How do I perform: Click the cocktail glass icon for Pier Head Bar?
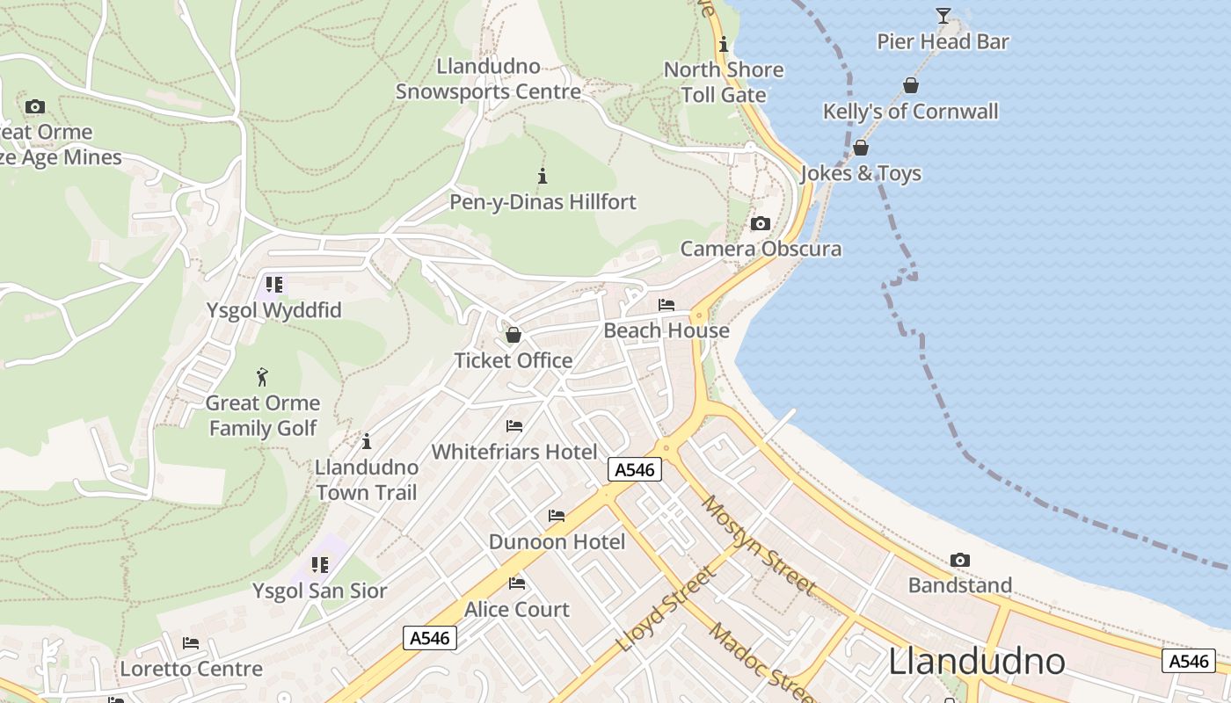tap(943, 15)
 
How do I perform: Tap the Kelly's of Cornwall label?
tap(910, 112)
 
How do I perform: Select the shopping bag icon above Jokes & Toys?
tap(861, 148)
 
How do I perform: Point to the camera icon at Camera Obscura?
tap(761, 223)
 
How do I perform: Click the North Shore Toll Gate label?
tap(724, 82)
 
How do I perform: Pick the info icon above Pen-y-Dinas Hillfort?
tap(543, 176)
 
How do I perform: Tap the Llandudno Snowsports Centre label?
tap(488, 79)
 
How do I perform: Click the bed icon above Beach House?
tap(666, 305)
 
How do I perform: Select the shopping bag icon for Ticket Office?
tap(514, 335)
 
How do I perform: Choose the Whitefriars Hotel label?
tap(514, 452)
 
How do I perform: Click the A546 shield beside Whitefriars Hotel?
tap(635, 470)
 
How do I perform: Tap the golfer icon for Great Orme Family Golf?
tap(262, 378)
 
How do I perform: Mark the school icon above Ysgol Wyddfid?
tap(273, 285)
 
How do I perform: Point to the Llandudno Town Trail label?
tap(366, 480)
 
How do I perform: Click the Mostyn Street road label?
tap(759, 545)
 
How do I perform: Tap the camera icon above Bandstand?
tap(959, 560)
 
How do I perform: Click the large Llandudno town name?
tap(977, 662)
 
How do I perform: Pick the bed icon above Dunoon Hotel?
tap(557, 516)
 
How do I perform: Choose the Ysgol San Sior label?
tap(320, 591)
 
